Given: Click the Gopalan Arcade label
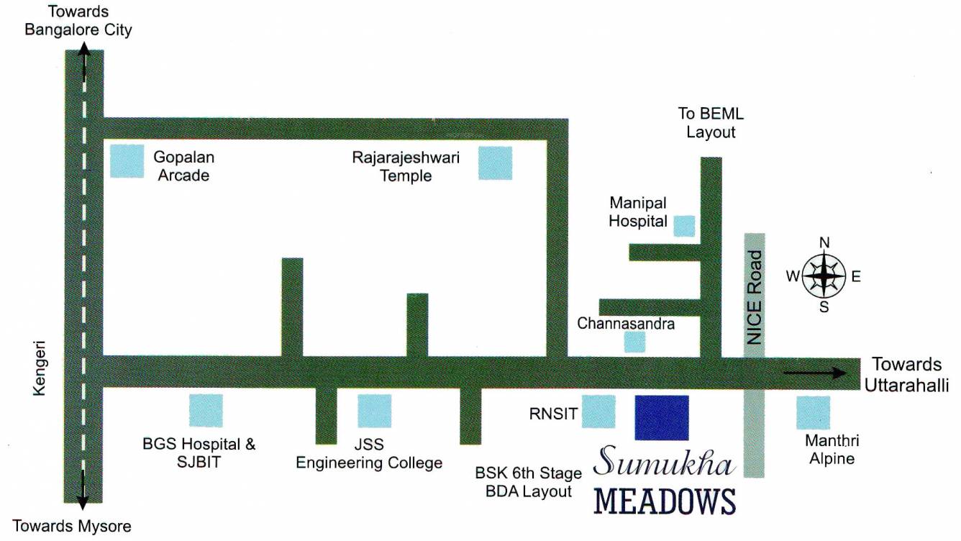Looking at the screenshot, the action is point(183,165).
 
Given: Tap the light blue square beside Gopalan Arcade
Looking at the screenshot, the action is point(127,160).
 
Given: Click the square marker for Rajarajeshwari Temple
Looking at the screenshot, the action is point(496,163).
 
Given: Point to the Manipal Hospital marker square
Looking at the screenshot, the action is point(684,226).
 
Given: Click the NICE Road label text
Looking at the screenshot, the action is point(754,297).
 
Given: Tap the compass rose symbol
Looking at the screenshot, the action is point(824,276).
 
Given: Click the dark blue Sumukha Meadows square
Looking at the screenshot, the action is point(661,417).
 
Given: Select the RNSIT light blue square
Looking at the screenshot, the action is point(598,412).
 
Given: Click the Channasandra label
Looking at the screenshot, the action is point(626,324).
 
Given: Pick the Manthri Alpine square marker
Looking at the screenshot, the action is point(813,412).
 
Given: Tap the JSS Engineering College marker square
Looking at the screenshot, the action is point(375,411).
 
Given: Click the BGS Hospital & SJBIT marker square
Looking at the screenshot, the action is point(206,411).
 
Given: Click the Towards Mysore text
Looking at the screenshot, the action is point(72,526).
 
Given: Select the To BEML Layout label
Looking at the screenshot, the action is point(711,123).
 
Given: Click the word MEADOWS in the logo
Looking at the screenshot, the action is point(665,501).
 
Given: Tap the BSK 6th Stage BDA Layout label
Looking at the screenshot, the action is point(528,482).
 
